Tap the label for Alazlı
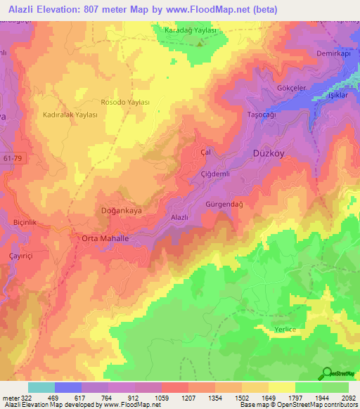pos(179,218)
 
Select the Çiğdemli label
pos(215,174)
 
